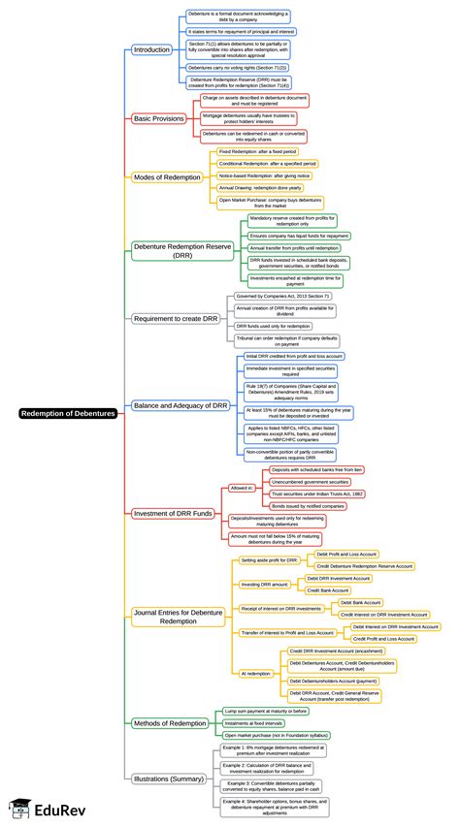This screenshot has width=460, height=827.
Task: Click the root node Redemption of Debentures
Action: pyautogui.click(x=68, y=413)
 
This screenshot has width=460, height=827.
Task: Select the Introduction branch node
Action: pyautogui.click(x=151, y=48)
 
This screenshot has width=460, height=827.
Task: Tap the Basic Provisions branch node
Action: pyautogui.click(x=158, y=118)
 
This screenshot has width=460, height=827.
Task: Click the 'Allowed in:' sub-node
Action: pyautogui.click(x=243, y=489)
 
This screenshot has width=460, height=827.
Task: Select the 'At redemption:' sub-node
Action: pyautogui.click(x=256, y=672)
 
